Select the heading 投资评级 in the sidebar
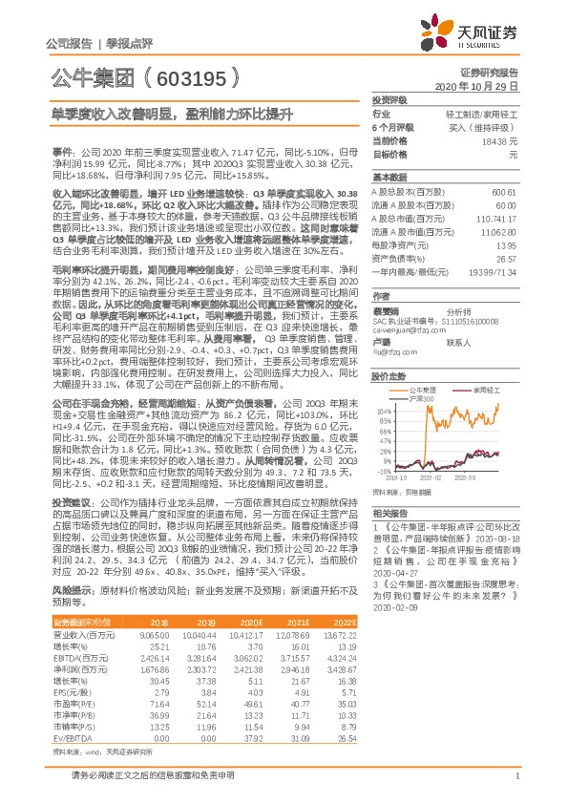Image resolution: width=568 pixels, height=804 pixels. (389, 99)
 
